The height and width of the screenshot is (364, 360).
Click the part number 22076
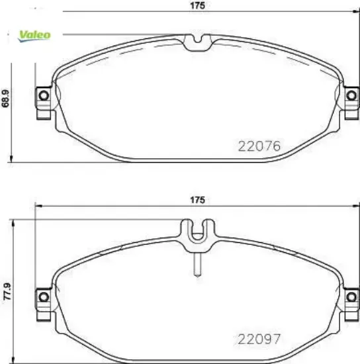point(259,146)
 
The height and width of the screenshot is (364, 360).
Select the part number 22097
point(259,339)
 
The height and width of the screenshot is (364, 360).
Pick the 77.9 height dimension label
point(7,291)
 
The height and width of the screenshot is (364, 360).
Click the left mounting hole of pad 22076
point(44,97)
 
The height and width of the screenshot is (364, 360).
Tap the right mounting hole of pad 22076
point(351,97)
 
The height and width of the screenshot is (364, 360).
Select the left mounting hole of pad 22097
point(44,295)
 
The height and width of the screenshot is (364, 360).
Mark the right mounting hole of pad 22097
point(351,295)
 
